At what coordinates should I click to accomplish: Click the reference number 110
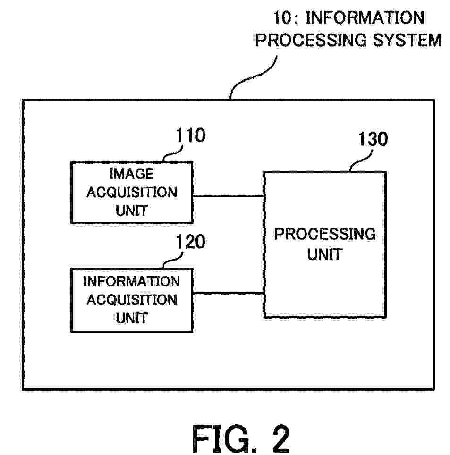[191, 136]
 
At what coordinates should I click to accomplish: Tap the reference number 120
[191, 242]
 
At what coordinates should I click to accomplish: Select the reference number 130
[373, 140]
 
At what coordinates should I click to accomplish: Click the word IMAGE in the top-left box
[131, 174]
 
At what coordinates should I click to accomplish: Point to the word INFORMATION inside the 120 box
[131, 281]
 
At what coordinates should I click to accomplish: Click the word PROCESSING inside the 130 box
[325, 234]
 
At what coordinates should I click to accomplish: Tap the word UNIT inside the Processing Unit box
[325, 254]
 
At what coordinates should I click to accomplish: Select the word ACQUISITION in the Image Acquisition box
[131, 193]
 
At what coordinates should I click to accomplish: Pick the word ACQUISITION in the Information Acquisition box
[131, 300]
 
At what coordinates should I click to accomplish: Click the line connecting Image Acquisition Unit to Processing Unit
[228, 196]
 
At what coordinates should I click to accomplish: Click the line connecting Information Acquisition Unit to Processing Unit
[228, 293]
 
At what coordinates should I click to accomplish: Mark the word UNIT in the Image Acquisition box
[131, 211]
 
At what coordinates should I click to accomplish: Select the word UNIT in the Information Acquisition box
[131, 318]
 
